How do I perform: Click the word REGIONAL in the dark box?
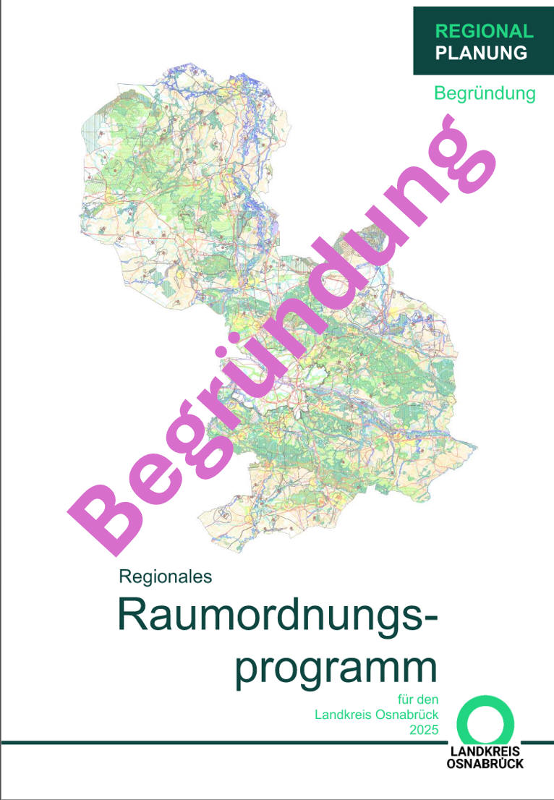pyautogui.click(x=484, y=31)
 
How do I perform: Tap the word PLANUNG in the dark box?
pyautogui.click(x=481, y=52)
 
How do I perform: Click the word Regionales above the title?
pyautogui.click(x=165, y=576)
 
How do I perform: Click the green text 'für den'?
pyautogui.click(x=418, y=700)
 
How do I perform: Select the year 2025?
pyautogui.click(x=423, y=731)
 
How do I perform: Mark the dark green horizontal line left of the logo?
pyautogui.click(x=217, y=742)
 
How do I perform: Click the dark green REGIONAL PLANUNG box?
pyautogui.click(x=483, y=41)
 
